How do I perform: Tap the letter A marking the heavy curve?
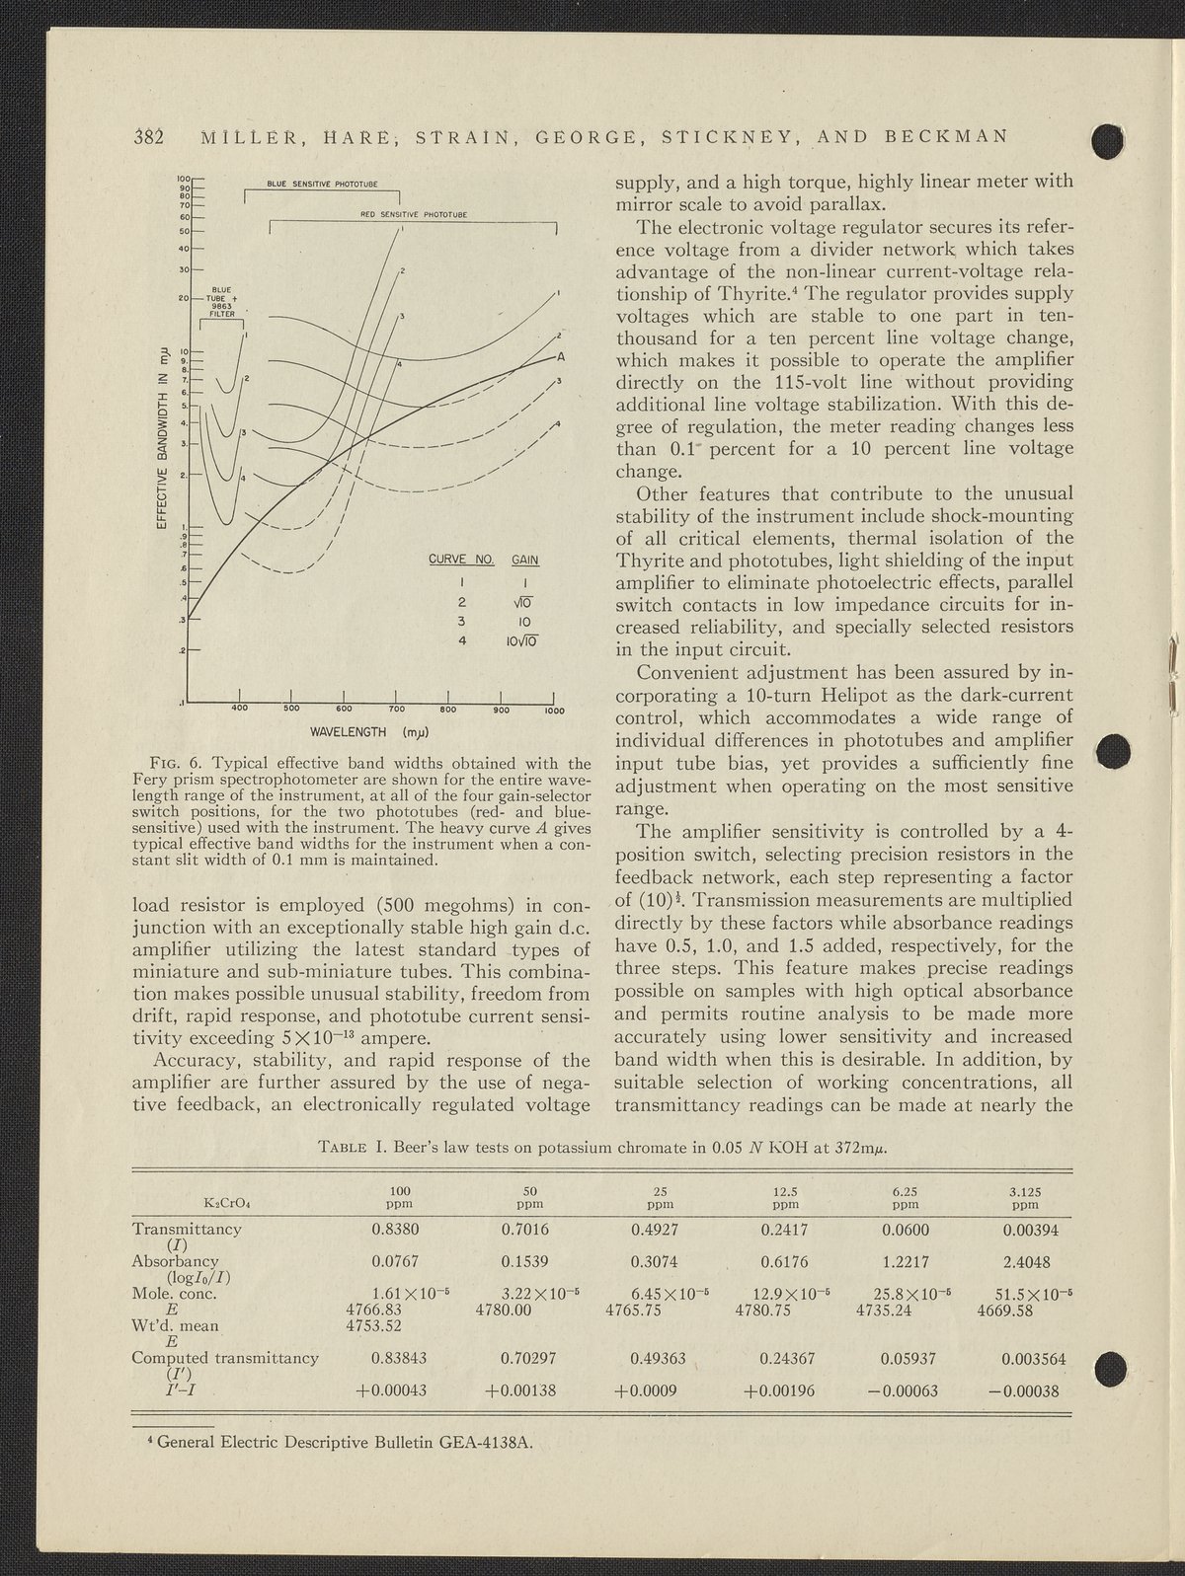(x=560, y=356)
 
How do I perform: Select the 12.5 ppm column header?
(x=785, y=1197)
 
